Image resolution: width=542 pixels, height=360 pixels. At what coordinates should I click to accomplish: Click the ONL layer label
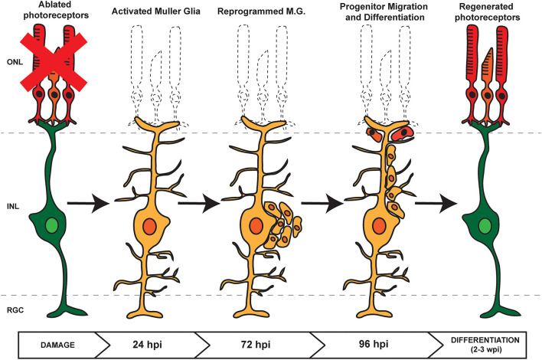point(15,62)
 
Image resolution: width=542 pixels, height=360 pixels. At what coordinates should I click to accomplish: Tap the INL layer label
point(13,207)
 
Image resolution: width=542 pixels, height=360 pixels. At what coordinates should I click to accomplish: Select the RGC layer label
point(15,310)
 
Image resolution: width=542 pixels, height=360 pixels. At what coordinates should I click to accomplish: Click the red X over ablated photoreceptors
point(54,62)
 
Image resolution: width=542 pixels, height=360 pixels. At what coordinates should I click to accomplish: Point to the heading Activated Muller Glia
point(156,11)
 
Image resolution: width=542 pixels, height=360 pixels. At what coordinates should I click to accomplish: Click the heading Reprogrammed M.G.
point(261,11)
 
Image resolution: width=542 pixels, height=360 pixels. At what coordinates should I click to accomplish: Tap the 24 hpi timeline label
point(147,345)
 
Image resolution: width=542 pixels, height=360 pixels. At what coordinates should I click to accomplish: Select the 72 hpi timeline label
point(256,345)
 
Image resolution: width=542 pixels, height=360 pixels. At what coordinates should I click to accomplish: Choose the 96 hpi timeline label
point(374,344)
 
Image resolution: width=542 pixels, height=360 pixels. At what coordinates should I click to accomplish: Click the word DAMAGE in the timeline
point(57,345)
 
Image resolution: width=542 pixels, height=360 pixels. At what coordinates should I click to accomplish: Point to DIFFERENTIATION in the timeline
point(485,340)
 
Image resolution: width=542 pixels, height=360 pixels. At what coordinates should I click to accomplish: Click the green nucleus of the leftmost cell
point(52,226)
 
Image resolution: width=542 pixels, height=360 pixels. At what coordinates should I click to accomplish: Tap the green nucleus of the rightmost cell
point(485,226)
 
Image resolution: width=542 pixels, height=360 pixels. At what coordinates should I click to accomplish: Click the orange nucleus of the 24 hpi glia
point(150,227)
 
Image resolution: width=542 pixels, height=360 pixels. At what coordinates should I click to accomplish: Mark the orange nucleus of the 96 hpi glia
point(379,226)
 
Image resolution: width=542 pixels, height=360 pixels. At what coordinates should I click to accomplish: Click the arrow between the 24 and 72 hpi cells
point(199,203)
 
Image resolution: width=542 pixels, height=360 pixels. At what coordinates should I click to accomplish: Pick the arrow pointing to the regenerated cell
point(436,203)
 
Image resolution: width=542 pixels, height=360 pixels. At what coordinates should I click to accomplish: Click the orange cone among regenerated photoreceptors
point(488,87)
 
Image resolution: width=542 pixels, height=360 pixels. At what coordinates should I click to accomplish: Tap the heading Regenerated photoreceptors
point(488,11)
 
